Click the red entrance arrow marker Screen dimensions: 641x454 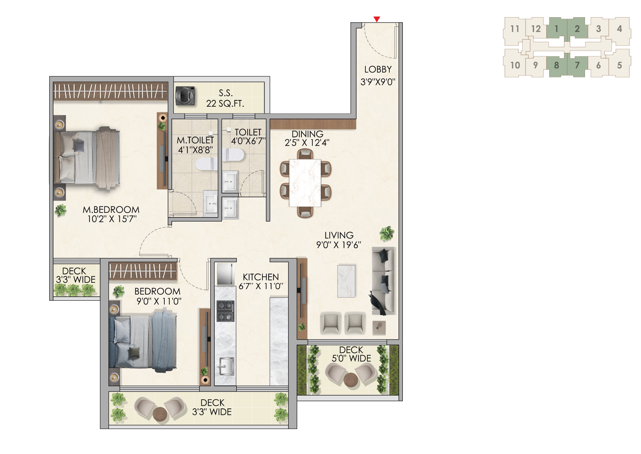[377, 19]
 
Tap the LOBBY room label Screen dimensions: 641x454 [378, 70]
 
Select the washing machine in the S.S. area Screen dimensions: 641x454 [185, 96]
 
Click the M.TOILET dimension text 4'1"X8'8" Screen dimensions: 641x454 [195, 150]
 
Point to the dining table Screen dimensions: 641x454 [305, 183]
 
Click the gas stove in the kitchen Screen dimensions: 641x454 [225, 311]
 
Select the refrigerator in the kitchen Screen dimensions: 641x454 [225, 274]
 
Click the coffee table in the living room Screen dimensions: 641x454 [346, 281]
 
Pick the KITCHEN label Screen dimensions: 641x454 [261, 277]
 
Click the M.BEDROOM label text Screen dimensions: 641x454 [111, 210]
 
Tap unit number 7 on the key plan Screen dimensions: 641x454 [577, 65]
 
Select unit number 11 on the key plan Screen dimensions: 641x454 [515, 29]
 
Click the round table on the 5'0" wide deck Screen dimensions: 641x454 [351, 380]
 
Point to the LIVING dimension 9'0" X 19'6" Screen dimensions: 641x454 [339, 245]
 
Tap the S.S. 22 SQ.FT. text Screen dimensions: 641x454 [225, 98]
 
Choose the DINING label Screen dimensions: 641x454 [308, 134]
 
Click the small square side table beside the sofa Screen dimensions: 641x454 [379, 328]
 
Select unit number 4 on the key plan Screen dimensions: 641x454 [619, 29]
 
